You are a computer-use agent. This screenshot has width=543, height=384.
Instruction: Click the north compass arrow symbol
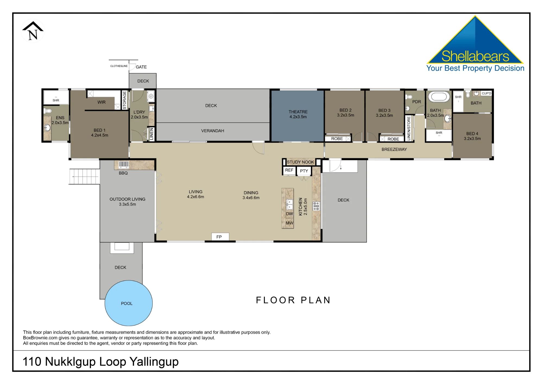(33, 31)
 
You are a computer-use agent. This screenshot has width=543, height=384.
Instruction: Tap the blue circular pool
(128, 303)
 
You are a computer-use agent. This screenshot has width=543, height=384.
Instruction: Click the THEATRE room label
(298, 112)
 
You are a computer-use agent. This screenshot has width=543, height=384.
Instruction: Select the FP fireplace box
(220, 237)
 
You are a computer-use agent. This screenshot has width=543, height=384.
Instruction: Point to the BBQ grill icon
(124, 164)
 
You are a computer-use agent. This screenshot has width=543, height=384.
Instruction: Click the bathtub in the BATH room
(439, 97)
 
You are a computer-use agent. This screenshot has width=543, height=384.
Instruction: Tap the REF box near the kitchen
(289, 170)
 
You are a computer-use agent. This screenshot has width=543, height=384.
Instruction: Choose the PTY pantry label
(304, 171)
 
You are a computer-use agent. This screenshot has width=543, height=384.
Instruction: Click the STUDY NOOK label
(300, 162)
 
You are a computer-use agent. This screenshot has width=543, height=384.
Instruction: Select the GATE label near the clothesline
(141, 67)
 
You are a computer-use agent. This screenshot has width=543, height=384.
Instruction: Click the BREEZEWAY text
(394, 149)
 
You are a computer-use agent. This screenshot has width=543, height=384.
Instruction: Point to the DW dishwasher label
(289, 214)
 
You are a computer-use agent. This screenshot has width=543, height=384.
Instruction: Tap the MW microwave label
(289, 223)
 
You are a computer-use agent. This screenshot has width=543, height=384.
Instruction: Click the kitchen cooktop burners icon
(316, 206)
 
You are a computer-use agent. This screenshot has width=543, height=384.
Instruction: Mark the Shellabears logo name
(475, 56)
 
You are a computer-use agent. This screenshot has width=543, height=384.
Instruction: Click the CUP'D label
(486, 93)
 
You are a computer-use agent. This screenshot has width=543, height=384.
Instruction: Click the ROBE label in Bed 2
(337, 139)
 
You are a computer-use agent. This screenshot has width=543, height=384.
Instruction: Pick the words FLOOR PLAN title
(293, 300)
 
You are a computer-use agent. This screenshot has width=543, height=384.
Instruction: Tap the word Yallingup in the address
(154, 362)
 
